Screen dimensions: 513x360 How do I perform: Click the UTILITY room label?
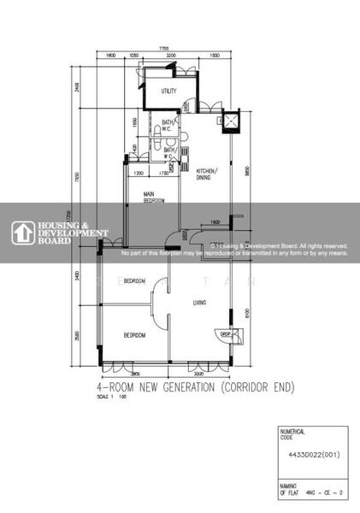pyautogui.click(x=169, y=91)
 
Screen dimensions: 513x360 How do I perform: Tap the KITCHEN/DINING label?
pyautogui.click(x=208, y=174)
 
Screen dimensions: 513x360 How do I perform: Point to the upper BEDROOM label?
pyautogui.click(x=133, y=281)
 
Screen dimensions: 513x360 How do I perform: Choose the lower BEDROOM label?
pyautogui.click(x=133, y=334)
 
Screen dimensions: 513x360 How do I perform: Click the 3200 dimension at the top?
pyautogui.click(x=171, y=56)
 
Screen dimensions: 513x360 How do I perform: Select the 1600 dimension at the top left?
pyautogui.click(x=110, y=56)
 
